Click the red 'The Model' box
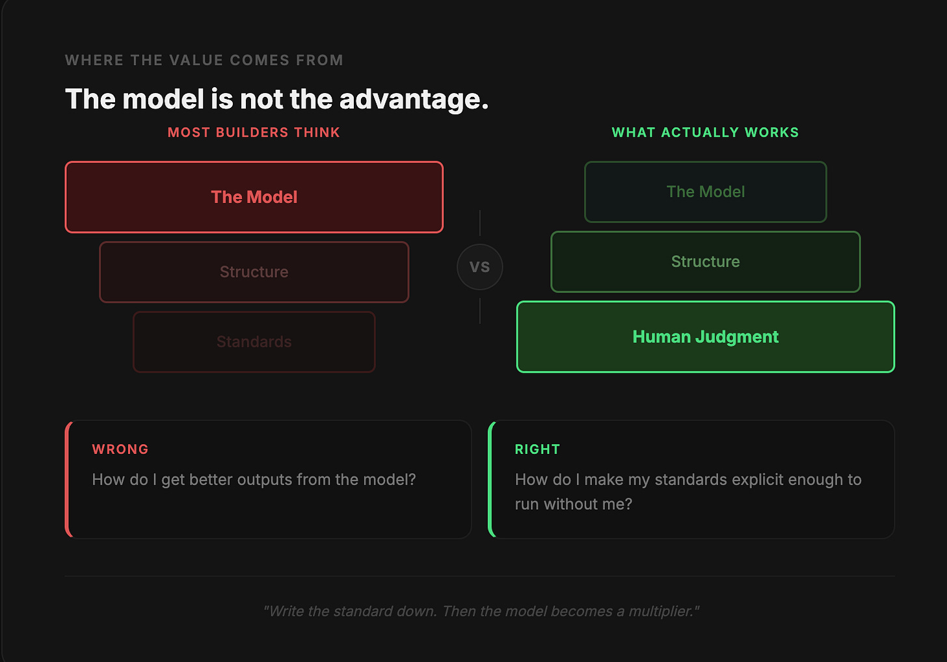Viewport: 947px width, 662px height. coord(254,197)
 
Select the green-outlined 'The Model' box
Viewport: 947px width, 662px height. coord(706,192)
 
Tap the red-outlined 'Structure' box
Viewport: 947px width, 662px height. coord(254,272)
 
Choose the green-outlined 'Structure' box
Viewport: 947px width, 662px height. coord(706,261)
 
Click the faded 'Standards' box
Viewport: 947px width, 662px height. coord(254,342)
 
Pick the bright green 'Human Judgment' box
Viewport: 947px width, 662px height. coord(706,337)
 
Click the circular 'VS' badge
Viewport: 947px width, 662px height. coord(480,267)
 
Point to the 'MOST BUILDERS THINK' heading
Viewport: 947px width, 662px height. coord(254,133)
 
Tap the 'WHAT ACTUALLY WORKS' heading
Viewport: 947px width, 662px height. coord(706,133)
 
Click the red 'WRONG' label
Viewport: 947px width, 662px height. coord(120,449)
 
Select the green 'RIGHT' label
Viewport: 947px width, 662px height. coord(537,449)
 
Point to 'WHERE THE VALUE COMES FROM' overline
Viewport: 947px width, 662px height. coord(204,60)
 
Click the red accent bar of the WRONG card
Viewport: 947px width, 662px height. coord(68,479)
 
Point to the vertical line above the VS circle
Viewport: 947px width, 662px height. coord(480,223)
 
